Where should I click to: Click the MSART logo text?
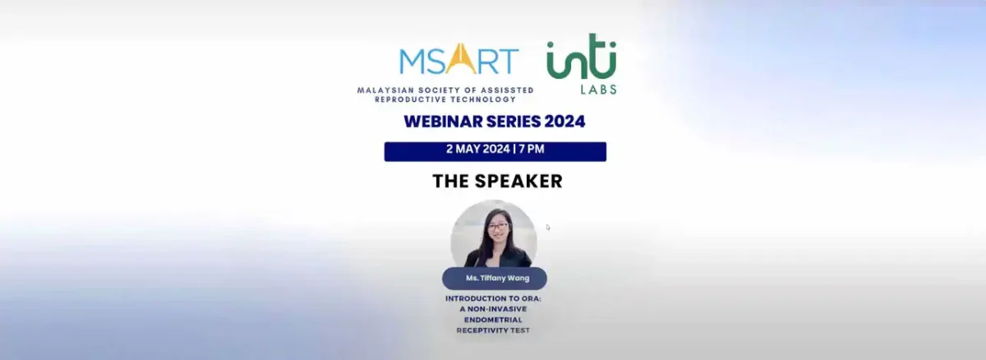pyautogui.click(x=458, y=60)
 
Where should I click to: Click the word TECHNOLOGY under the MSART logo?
pyautogui.click(x=483, y=99)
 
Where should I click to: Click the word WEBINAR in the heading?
pyautogui.click(x=440, y=122)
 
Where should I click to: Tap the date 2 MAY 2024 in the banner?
pyautogui.click(x=477, y=150)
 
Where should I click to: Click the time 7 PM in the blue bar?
pyautogui.click(x=531, y=150)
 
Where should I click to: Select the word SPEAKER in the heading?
pyautogui.click(x=522, y=181)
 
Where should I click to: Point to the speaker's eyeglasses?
pyautogui.click(x=498, y=226)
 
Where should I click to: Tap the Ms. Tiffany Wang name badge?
pyautogui.click(x=495, y=278)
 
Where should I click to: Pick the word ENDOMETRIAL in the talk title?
pyautogui.click(x=494, y=320)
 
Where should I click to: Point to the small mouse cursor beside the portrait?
pyautogui.click(x=548, y=227)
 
